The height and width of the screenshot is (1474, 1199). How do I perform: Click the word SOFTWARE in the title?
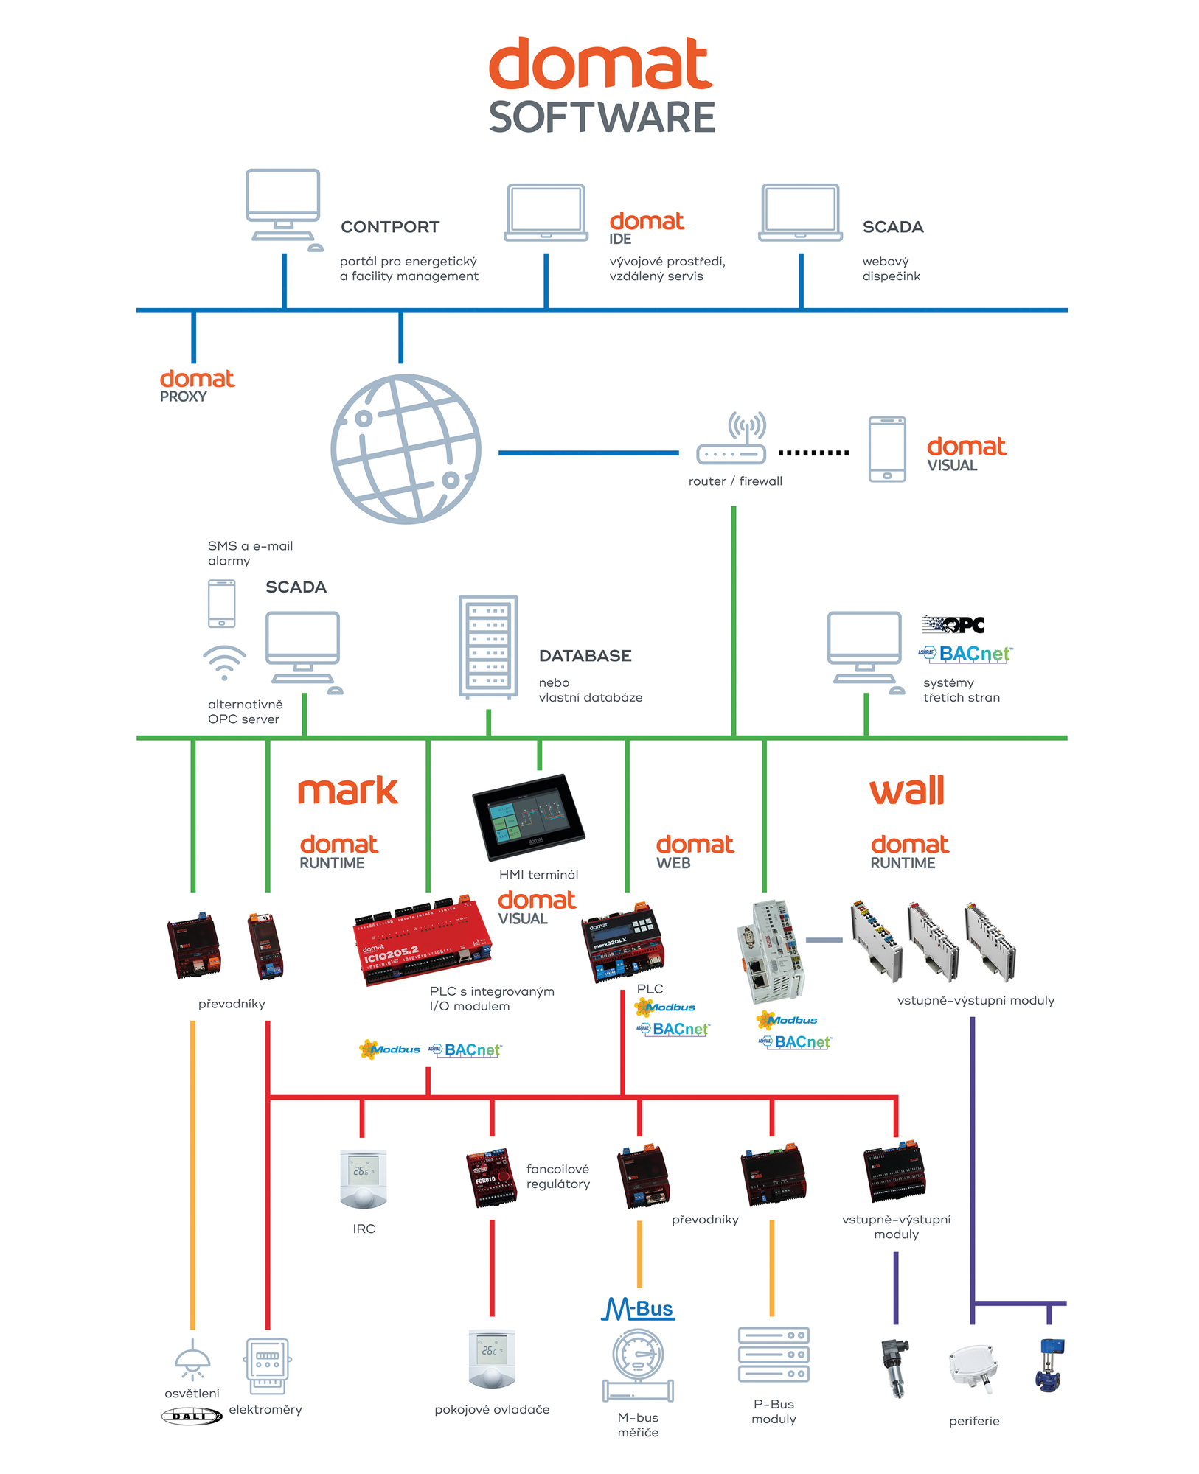(601, 118)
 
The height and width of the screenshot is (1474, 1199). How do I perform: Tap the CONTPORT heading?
(389, 227)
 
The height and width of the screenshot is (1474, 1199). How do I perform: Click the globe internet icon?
(406, 449)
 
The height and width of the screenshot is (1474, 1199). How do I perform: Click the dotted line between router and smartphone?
(813, 453)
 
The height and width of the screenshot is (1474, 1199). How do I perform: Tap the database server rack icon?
(488, 647)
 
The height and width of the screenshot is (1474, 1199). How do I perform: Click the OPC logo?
(953, 624)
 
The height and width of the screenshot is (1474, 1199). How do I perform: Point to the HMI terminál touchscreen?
(528, 817)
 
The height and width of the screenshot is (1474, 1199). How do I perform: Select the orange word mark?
(347, 791)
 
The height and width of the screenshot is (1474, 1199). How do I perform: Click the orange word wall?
(906, 791)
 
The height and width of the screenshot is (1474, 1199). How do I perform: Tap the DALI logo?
(192, 1416)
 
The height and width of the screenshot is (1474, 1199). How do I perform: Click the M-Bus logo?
(637, 1309)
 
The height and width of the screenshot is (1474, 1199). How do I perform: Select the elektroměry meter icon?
(267, 1366)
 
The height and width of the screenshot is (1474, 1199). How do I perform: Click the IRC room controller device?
(363, 1179)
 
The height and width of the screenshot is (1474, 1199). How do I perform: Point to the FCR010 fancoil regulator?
(491, 1177)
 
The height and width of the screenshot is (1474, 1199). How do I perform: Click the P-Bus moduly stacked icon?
(773, 1355)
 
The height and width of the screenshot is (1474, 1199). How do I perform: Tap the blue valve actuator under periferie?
(1049, 1365)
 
